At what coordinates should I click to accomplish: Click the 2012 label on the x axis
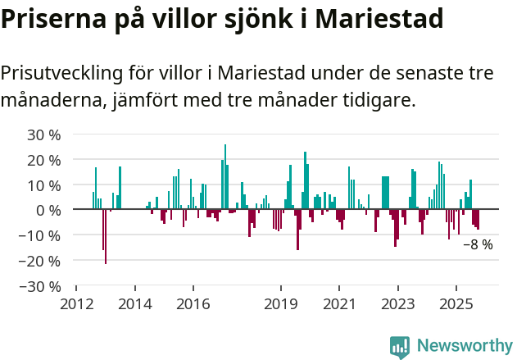(x=76, y=304)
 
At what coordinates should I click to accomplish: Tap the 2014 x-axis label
(x=135, y=304)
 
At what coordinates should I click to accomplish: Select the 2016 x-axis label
(x=193, y=304)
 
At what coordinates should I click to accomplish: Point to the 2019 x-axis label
(x=281, y=304)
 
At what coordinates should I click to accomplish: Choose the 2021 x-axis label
(x=339, y=304)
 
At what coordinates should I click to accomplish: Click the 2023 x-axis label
(x=398, y=304)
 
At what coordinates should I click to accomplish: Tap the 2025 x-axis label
(x=456, y=304)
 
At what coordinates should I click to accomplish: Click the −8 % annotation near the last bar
(x=478, y=244)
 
